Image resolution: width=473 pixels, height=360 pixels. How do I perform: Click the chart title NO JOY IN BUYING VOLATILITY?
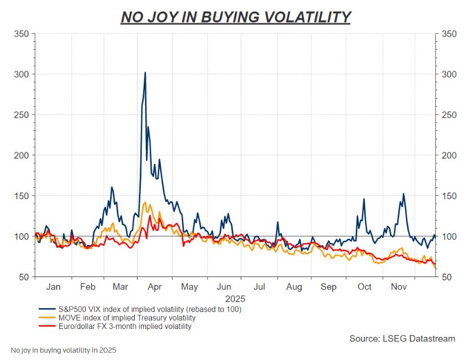[236, 17]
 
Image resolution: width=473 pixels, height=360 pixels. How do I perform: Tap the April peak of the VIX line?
[145, 73]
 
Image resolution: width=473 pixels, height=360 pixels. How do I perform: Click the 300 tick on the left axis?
[21, 74]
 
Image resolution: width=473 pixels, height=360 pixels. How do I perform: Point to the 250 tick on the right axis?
[449, 115]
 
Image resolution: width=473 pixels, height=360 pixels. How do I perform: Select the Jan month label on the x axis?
[53, 287]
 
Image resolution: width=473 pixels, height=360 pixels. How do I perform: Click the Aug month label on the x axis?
[294, 287]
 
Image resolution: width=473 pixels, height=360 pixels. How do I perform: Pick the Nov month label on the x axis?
[399, 287]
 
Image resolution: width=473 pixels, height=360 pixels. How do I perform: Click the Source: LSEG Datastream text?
[403, 339]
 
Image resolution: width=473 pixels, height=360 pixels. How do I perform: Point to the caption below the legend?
[63, 350]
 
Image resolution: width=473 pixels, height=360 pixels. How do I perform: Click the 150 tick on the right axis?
[449, 196]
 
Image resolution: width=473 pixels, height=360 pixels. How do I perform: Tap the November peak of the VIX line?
[403, 194]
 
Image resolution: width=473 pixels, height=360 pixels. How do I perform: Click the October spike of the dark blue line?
[364, 199]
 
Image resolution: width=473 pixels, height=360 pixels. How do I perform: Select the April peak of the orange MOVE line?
[145, 203]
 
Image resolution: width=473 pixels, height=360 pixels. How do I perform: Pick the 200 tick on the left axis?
[21, 155]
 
